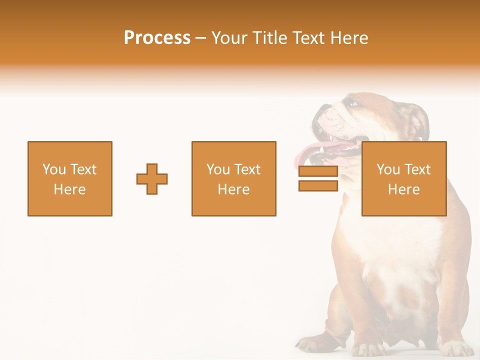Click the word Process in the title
coord(157,38)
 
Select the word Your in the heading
coord(230,38)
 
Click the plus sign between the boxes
coord(152,179)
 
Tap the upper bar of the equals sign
coord(318,171)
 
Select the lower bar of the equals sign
coord(318,186)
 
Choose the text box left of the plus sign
coord(70,179)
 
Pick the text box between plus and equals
coord(234,179)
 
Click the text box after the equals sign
coord(404,179)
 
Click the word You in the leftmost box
coord(52,169)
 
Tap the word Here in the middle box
coord(234,189)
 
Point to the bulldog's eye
coord(353,103)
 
